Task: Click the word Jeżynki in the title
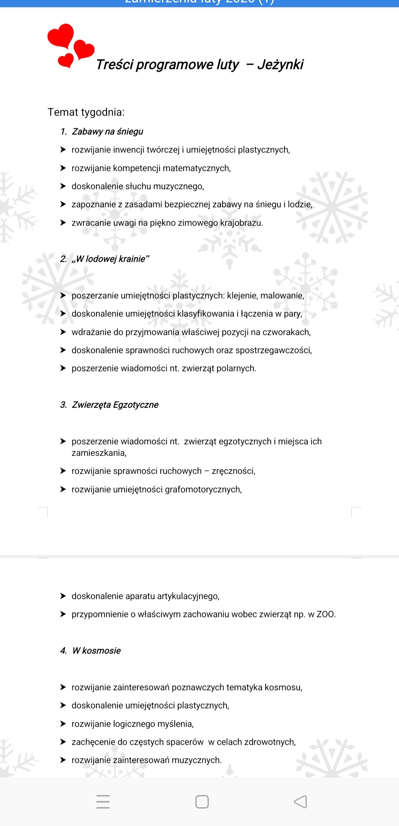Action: pos(280,65)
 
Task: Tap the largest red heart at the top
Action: pos(61,36)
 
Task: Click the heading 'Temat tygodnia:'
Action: pos(86,112)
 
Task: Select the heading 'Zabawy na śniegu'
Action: pos(108,132)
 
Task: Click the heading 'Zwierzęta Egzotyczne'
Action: pos(115,405)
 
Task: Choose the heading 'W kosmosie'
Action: pos(96,651)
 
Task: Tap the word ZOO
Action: pos(325,614)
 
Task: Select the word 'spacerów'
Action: pos(185,742)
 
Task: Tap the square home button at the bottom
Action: pos(202,802)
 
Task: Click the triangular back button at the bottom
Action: pos(300,802)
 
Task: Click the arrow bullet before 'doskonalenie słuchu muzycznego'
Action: pos(63,186)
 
